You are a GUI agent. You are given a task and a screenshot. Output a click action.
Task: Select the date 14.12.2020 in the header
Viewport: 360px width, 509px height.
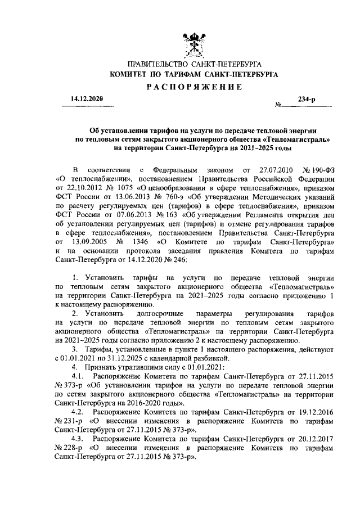pyautogui.click(x=87, y=99)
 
